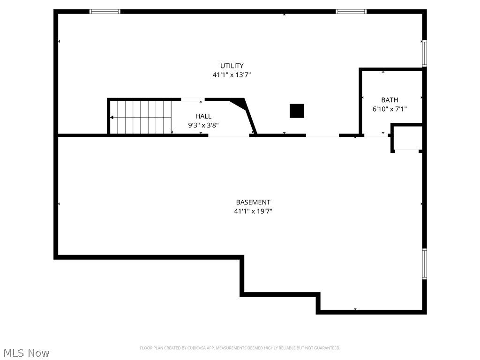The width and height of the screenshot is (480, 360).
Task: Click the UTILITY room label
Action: [232, 66]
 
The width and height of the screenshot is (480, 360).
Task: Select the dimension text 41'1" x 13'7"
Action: [232, 75]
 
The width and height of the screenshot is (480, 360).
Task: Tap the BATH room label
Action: [390, 100]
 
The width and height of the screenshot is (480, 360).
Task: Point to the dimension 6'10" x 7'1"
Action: [390, 109]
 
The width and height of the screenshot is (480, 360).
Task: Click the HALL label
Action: [203, 116]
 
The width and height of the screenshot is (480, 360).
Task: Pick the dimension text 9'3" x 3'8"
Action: [203, 125]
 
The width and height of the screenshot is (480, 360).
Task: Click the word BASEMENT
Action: [253, 202]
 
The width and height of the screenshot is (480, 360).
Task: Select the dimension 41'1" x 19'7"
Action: [253, 211]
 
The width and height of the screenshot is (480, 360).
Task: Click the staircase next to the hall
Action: [141, 117]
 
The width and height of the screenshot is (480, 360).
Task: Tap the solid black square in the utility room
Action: [297, 111]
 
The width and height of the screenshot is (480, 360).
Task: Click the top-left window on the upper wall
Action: [105, 11]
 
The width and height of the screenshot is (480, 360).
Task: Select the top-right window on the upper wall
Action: [351, 11]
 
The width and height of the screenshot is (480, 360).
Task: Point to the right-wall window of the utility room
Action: [424, 53]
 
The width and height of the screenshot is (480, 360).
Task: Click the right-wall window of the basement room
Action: [424, 264]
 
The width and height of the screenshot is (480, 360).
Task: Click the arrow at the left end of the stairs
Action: [112, 117]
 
